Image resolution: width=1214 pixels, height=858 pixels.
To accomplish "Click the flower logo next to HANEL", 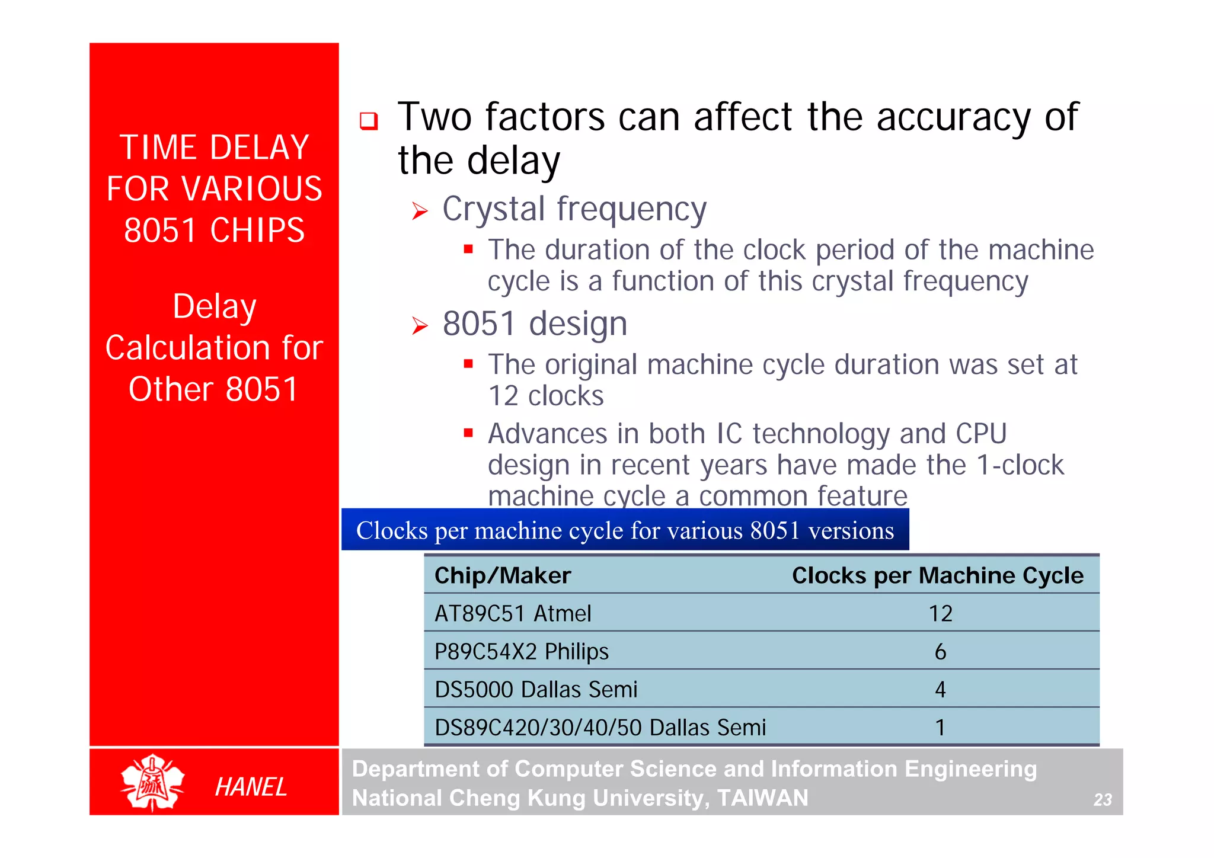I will click(x=152, y=782).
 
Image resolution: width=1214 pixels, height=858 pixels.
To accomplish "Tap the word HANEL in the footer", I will click(x=251, y=787).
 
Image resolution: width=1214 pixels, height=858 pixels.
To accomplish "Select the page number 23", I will click(x=1102, y=800).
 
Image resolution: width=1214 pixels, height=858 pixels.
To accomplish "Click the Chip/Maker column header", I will click(x=502, y=575).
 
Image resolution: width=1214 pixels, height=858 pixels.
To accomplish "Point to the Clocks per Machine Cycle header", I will click(x=937, y=575).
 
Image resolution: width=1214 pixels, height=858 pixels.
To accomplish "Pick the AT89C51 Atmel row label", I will click(x=513, y=613).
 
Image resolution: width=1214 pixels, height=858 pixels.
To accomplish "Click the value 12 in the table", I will click(x=940, y=613).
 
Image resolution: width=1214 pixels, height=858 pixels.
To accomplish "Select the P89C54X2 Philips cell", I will click(x=521, y=651).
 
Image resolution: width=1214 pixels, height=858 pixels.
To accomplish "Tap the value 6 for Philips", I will click(x=940, y=652).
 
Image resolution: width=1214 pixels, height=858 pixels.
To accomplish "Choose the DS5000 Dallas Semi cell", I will click(x=536, y=689).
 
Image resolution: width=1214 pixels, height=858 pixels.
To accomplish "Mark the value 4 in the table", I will click(x=940, y=689).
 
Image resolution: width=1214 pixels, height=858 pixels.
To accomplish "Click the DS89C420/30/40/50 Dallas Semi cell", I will click(x=600, y=727).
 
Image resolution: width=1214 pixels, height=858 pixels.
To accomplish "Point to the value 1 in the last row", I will click(x=940, y=727).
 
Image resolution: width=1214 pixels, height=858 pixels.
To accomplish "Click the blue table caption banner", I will click(x=625, y=530).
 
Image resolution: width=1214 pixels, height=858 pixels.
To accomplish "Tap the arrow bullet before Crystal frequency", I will click(x=420, y=211).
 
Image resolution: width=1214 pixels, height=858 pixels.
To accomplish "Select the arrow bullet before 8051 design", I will click(x=420, y=325).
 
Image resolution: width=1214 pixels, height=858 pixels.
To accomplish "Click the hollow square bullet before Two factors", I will click(x=369, y=121).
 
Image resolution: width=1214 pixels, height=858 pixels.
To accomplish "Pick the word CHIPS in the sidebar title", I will click(x=257, y=230).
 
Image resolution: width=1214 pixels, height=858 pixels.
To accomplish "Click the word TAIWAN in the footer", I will click(x=762, y=798).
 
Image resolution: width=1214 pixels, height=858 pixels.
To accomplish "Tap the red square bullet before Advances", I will click(x=468, y=433).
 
